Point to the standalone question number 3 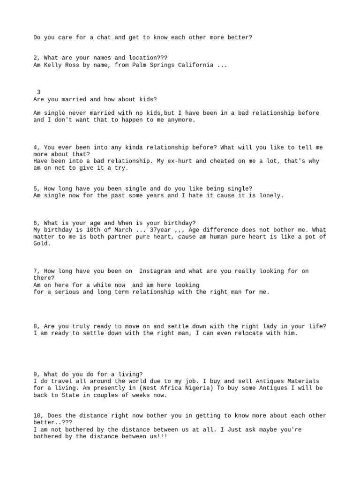38,92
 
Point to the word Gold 40,243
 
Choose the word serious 66,292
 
